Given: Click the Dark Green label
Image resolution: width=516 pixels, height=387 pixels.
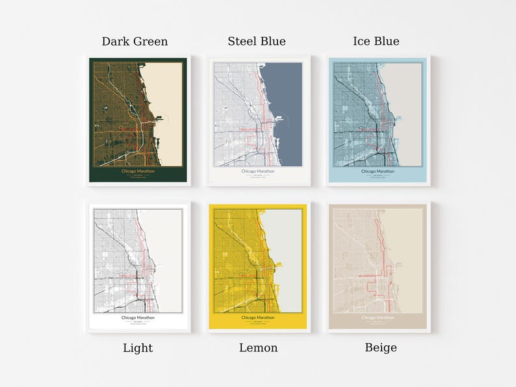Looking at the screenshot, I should [x=135, y=42].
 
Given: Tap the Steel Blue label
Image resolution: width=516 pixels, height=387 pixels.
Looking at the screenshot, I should [x=257, y=42].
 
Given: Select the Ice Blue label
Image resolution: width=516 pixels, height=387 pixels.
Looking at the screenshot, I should [x=376, y=42].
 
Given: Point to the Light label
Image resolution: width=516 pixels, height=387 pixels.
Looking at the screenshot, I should [x=138, y=348].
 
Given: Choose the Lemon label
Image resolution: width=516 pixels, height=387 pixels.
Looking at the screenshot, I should [x=258, y=348].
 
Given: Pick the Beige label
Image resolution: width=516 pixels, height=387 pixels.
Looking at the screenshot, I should [x=381, y=348].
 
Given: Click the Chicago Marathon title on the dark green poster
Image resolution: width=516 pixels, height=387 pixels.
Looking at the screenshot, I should [x=138, y=171].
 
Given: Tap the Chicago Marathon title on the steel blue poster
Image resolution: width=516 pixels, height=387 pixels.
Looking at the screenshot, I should [x=258, y=171].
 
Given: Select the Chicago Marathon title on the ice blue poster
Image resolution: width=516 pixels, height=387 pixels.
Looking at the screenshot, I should [x=378, y=171].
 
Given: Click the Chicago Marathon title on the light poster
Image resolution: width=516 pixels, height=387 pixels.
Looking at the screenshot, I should [x=138, y=318].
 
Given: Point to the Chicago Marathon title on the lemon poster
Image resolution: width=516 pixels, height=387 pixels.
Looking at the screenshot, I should [x=258, y=318].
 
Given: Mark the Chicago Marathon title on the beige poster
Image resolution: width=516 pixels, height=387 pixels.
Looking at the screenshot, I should [x=378, y=318].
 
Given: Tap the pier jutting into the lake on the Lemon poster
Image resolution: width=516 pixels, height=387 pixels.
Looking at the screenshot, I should [x=280, y=264].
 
